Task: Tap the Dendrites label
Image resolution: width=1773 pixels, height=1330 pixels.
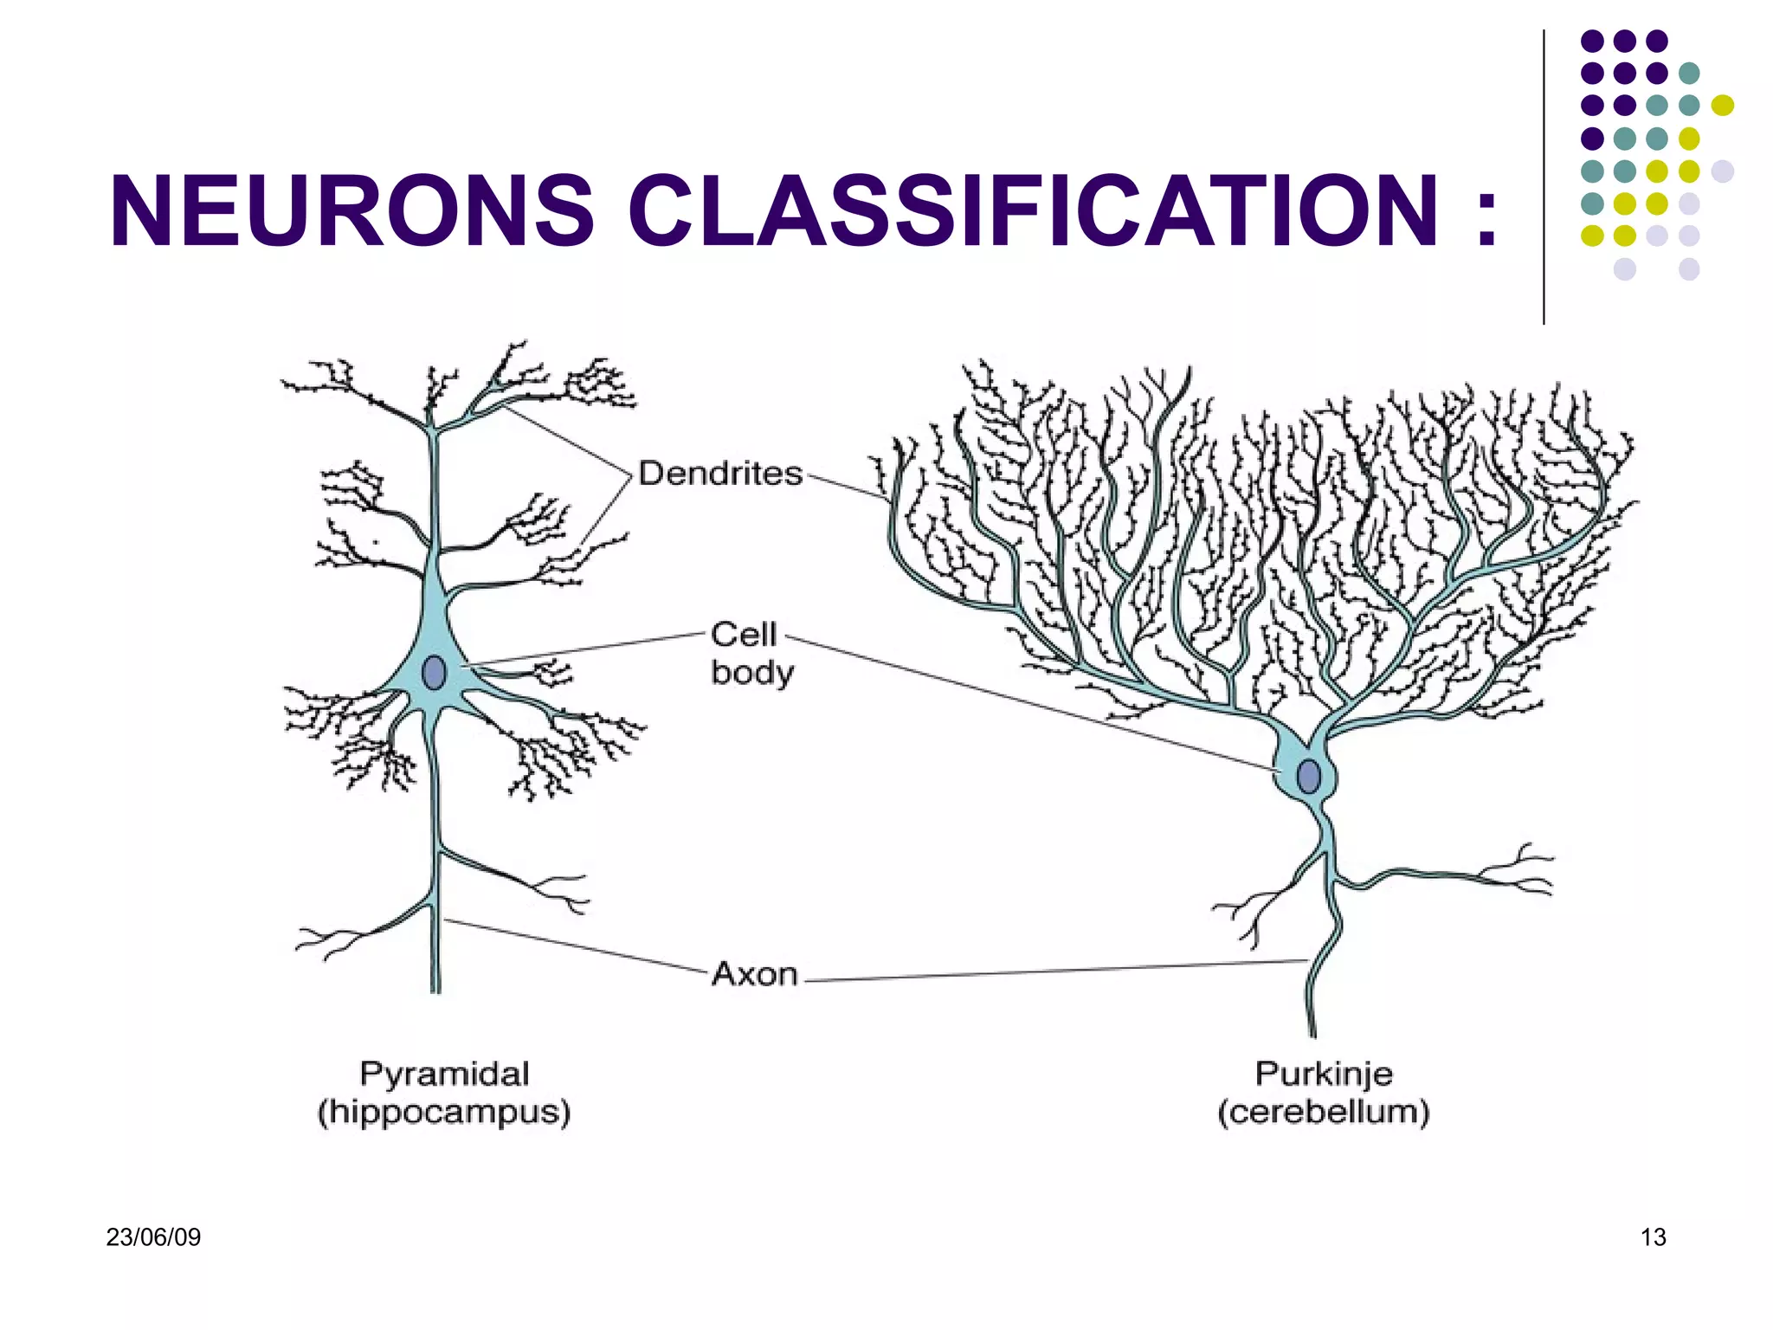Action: click(x=720, y=474)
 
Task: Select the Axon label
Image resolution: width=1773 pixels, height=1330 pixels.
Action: click(x=754, y=974)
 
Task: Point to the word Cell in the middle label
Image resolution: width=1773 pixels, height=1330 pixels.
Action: click(x=743, y=635)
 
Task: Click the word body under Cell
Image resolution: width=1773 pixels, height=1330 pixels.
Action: click(x=752, y=673)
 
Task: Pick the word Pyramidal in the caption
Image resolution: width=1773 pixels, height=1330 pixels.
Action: click(x=444, y=1075)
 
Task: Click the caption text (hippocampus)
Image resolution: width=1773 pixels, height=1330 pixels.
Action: click(x=444, y=1113)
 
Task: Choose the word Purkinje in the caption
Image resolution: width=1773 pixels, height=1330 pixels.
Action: click(x=1324, y=1075)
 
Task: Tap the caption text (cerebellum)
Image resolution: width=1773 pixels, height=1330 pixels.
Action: click(x=1324, y=1113)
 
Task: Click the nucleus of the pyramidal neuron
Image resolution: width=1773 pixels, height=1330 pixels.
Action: click(x=434, y=673)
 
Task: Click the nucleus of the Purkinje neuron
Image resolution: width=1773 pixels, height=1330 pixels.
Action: click(x=1309, y=777)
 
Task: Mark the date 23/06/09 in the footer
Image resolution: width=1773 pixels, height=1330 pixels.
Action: click(x=153, y=1237)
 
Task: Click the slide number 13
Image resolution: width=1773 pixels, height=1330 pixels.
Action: click(x=1653, y=1237)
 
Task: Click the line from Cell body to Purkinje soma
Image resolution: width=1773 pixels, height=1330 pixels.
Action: click(x=1030, y=703)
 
